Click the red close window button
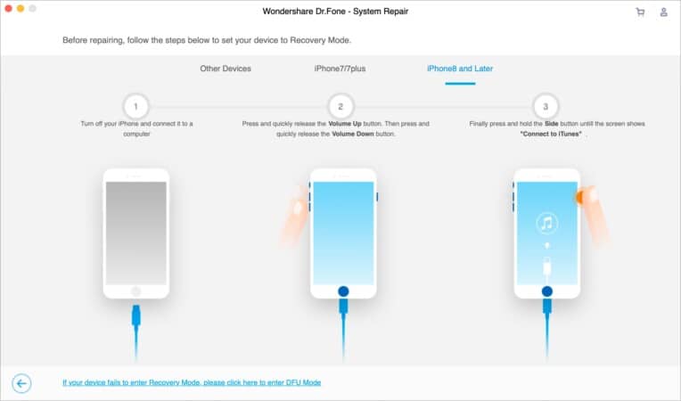[x=8, y=8]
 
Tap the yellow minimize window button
[x=21, y=8]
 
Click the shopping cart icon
[x=640, y=12]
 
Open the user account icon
[x=664, y=12]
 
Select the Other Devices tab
[x=226, y=69]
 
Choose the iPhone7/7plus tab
[x=340, y=69]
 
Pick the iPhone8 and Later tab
[x=460, y=69]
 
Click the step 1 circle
[x=136, y=106]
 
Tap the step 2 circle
[x=340, y=106]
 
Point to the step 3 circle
[x=546, y=106]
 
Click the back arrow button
[x=21, y=383]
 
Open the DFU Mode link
[x=192, y=382]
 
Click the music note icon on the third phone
[x=546, y=223]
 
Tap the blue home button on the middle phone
[x=343, y=291]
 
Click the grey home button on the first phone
[x=136, y=291]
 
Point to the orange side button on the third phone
[x=578, y=198]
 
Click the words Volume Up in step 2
[x=345, y=124]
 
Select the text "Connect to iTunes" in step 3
[x=551, y=134]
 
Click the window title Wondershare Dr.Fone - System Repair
[x=335, y=12]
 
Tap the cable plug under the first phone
[x=136, y=315]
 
